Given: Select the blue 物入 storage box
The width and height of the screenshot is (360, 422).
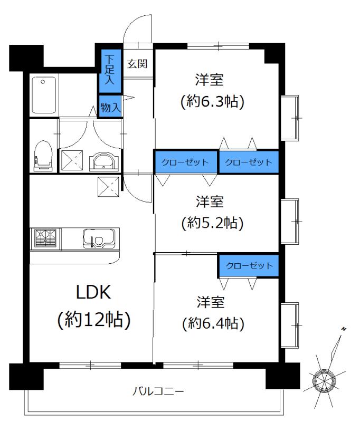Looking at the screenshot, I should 110,107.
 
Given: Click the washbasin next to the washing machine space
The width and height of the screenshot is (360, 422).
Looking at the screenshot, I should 104,160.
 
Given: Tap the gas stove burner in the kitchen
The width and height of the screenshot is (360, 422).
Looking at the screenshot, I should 46,238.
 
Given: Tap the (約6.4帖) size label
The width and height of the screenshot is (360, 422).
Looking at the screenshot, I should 212,322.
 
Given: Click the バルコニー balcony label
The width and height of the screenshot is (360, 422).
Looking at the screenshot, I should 158,391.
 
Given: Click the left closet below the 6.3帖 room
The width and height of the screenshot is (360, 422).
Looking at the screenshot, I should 186,162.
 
